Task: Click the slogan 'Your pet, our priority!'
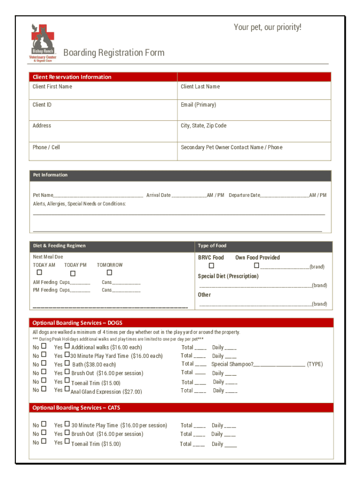coord(267,28)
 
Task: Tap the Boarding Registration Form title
coord(114,52)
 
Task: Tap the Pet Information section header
coord(50,175)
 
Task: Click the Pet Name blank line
coord(98,196)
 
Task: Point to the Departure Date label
coord(244,195)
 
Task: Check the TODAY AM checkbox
coord(40,272)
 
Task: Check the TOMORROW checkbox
coord(109,272)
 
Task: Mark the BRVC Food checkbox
coord(211,266)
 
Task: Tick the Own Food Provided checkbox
coord(256,266)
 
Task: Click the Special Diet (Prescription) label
coord(228,276)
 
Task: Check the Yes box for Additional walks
coord(67,347)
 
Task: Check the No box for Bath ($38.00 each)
coord(43,363)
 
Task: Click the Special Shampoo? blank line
coord(280,364)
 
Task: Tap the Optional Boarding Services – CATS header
coord(76,407)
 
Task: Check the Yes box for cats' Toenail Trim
coord(67,442)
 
